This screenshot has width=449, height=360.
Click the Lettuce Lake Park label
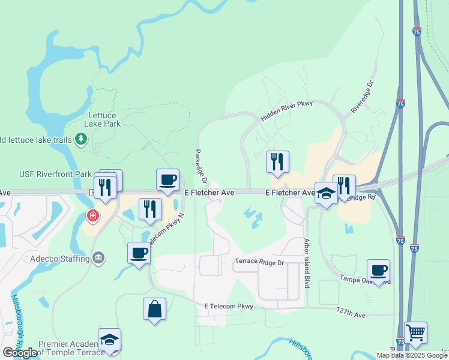104,119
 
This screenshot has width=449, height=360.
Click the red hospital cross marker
93,215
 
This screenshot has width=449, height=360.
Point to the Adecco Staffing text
59,259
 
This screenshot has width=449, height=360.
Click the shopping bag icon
154,309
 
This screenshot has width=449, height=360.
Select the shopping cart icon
415,332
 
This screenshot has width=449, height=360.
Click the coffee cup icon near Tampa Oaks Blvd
378,271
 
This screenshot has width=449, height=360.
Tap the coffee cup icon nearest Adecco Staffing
139,253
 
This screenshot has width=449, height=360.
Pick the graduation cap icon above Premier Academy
109,340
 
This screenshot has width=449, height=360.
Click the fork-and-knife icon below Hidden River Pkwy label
277,161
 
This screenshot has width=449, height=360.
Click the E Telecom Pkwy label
229,306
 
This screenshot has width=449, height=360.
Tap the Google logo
20,353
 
